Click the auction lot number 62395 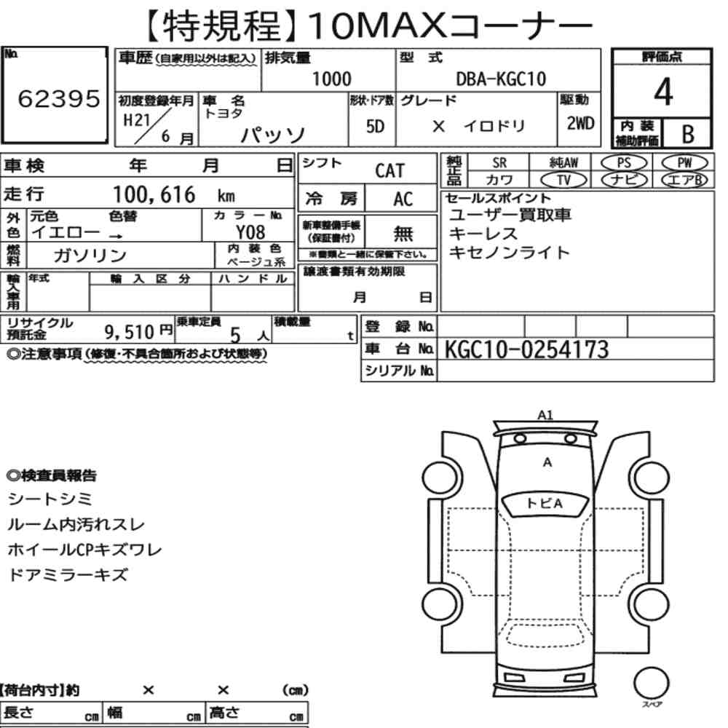tap(59, 99)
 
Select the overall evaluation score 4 tap(663, 92)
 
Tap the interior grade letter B tap(688, 134)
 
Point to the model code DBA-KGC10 tap(501, 79)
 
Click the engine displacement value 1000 tap(331, 79)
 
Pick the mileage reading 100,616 tap(154, 194)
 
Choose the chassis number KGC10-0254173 tap(526, 349)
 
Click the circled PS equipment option tap(624, 163)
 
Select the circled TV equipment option tap(564, 180)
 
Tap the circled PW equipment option tap(685, 163)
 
